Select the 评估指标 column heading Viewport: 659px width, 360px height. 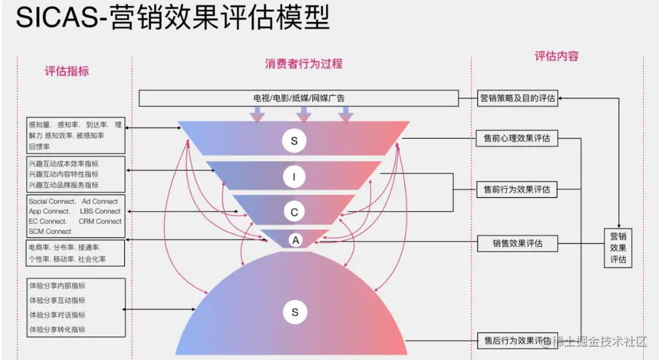click(67, 71)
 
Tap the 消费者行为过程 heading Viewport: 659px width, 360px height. click(304, 64)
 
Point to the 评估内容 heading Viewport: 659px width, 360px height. click(557, 56)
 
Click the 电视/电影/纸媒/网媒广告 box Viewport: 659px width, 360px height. click(299, 98)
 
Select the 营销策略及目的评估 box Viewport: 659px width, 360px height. click(518, 99)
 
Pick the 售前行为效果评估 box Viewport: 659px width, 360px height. click(518, 189)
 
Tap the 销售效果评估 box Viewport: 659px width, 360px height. click(518, 243)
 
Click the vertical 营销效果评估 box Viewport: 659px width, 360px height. click(618, 248)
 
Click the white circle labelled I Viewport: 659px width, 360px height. click(294, 176)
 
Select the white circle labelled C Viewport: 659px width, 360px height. click(294, 212)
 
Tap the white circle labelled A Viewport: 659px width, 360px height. click(294, 238)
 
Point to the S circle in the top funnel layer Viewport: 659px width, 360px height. click(294, 140)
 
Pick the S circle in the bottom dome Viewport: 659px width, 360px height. click(294, 312)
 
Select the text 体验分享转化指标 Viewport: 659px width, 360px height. click(56, 329)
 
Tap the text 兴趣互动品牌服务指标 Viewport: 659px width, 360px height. click(63, 185)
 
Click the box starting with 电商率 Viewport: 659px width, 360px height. click(76, 253)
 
